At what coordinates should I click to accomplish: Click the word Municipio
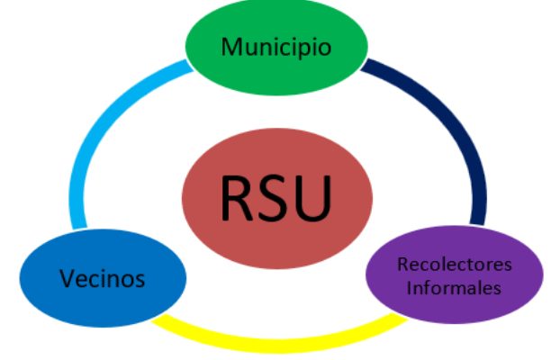276,47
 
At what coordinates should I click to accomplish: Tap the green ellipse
276,47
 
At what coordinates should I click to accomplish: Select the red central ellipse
277,199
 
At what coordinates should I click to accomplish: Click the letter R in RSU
237,198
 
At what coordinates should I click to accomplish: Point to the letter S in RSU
273,198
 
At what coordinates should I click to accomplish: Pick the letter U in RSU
313,199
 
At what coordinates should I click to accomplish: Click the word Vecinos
103,278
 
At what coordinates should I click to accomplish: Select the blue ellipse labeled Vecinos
103,278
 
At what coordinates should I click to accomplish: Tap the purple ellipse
455,275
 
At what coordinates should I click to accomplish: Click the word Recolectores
455,265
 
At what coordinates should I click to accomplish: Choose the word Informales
454,287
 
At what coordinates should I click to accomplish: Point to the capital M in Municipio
231,47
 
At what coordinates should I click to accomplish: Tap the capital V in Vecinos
68,278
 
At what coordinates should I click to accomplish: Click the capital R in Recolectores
403,265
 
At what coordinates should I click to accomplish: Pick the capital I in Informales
410,287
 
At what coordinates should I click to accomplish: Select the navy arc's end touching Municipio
365,64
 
